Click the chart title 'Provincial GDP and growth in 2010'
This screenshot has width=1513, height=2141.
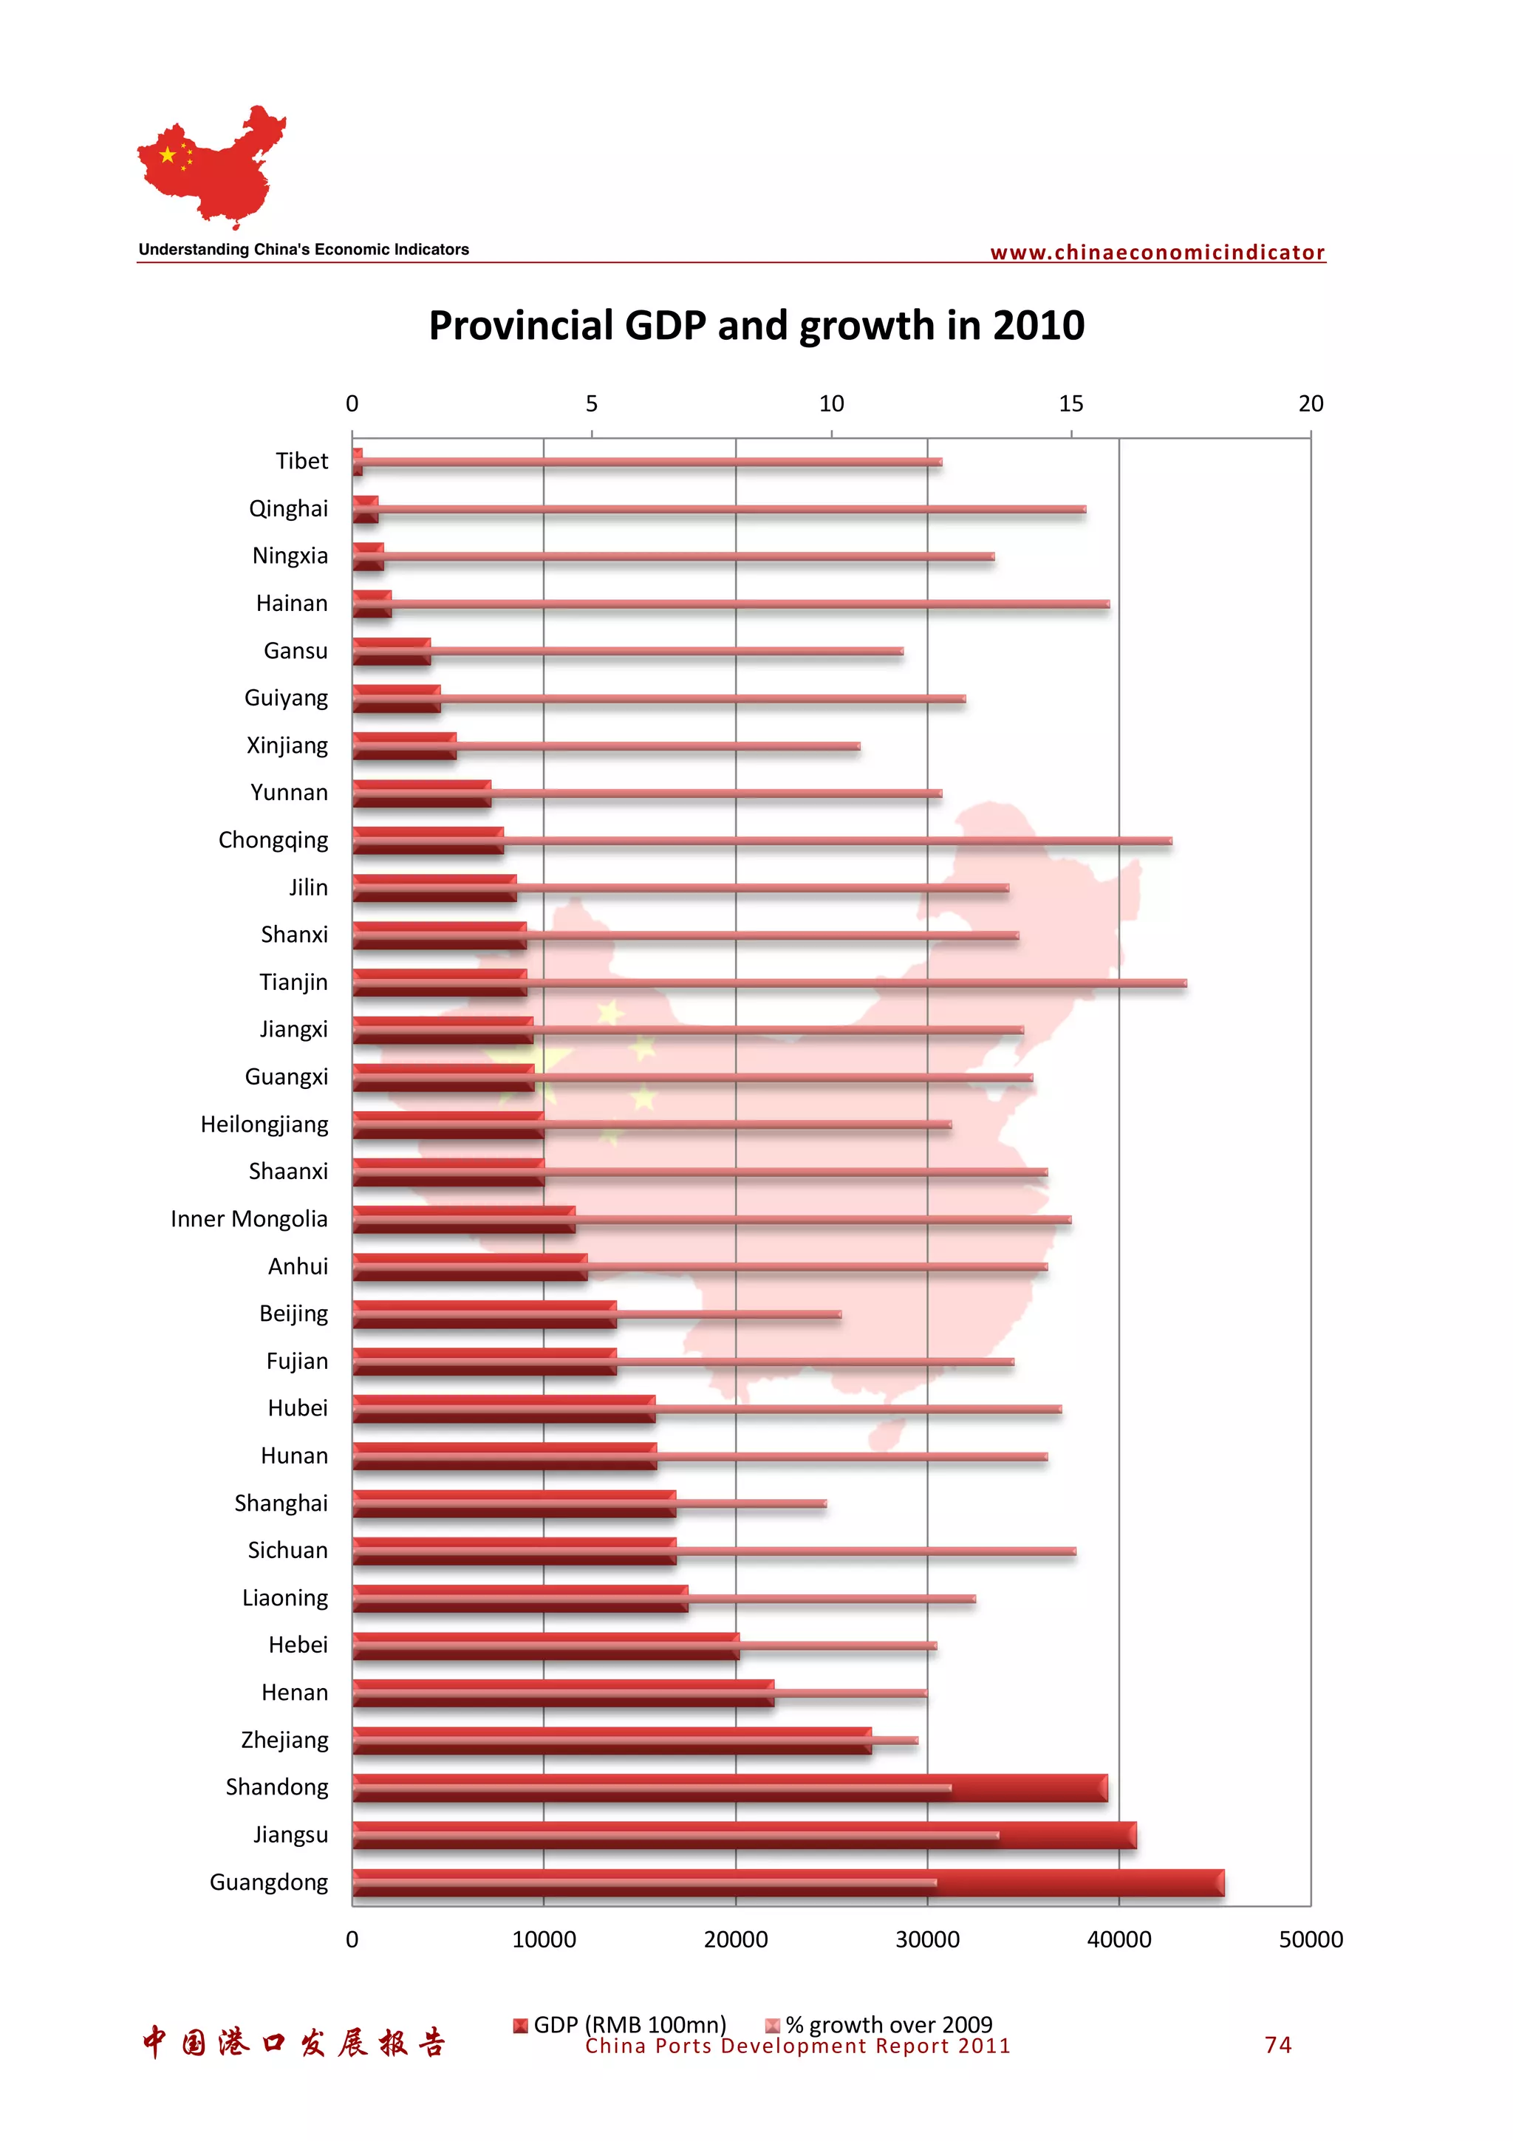756,326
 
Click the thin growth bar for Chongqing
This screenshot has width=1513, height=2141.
839,841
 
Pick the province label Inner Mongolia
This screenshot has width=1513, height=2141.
249,1219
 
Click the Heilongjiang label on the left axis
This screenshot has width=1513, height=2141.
264,1124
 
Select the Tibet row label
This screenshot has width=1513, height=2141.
301,461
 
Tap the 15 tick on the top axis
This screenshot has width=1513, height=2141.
1071,404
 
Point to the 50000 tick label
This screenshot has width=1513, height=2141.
1310,1939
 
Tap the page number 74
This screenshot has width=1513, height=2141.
1277,2045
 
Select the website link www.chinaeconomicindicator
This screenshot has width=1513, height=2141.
1157,253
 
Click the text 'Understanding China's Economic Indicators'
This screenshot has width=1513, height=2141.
304,250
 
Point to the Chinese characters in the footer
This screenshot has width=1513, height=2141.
293,2043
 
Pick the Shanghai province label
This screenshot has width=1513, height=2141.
281,1503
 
